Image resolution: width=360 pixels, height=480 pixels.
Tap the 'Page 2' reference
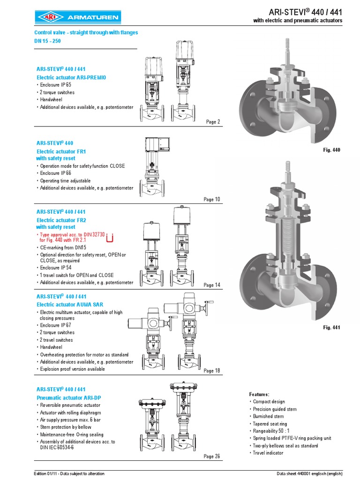[x=213, y=122]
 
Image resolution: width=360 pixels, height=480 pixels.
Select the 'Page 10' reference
[x=211, y=199]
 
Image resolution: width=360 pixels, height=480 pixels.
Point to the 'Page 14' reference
[x=211, y=285]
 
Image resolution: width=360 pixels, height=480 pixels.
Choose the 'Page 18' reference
[x=211, y=371]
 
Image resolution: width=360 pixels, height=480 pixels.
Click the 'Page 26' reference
[x=211, y=456]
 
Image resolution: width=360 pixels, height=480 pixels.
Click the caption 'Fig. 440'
[x=331, y=150]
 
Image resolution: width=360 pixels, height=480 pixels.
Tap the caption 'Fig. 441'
[x=331, y=327]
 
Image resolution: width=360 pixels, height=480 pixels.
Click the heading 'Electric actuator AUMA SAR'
[x=70, y=305]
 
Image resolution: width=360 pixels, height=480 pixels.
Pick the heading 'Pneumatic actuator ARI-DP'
[x=68, y=397]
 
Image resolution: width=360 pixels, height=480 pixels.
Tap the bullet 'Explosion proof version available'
[x=72, y=369]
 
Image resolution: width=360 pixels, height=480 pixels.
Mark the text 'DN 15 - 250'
[x=48, y=41]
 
